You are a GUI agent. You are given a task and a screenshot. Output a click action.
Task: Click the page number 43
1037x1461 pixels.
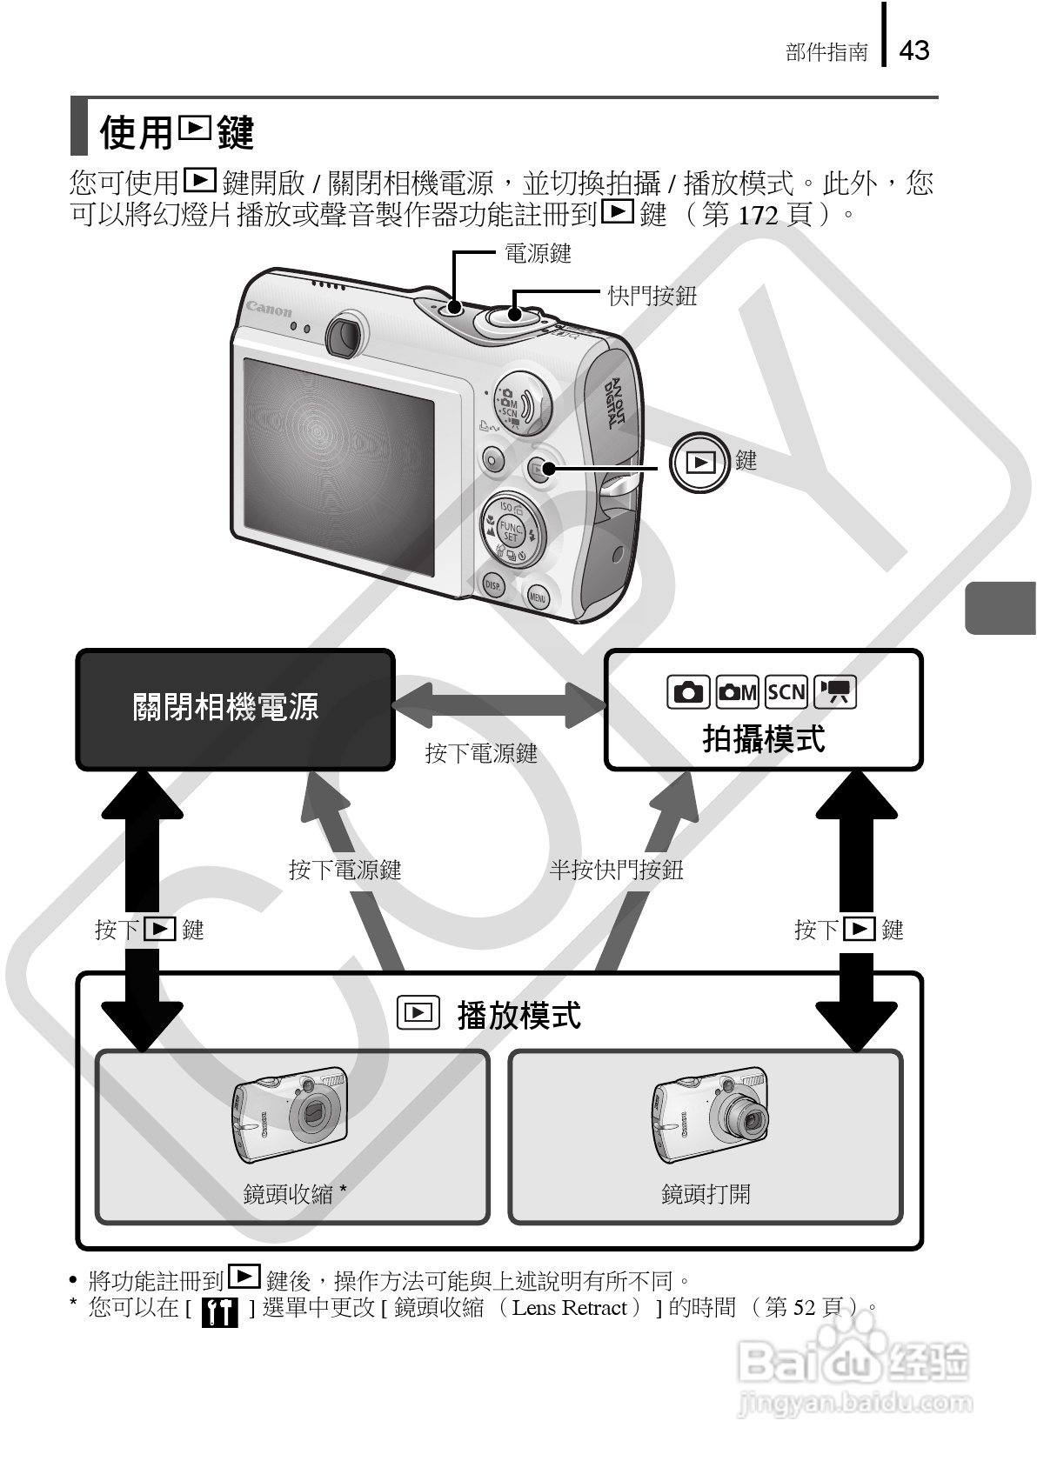[913, 50]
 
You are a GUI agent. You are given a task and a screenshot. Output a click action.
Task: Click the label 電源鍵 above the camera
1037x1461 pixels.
[538, 254]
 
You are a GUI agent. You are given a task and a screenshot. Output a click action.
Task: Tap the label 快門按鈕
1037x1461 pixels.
[652, 297]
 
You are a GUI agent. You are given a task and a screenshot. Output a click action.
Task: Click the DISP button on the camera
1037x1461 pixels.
[493, 585]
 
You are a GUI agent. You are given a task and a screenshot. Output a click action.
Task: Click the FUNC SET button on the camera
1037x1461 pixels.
[511, 531]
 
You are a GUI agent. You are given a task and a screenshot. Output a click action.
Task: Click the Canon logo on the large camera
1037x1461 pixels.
[269, 309]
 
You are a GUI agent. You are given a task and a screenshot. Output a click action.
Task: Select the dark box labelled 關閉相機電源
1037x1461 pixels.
[235, 709]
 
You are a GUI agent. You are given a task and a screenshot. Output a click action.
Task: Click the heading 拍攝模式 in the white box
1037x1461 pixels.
[763, 740]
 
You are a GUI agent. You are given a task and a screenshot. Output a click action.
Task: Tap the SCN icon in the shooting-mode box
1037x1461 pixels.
[786, 692]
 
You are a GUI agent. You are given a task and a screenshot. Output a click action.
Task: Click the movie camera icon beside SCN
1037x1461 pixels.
[836, 692]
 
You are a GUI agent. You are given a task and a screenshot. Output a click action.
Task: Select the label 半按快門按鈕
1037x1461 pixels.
[616, 870]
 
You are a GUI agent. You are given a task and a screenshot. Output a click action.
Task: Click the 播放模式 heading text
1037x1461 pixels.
[518, 1015]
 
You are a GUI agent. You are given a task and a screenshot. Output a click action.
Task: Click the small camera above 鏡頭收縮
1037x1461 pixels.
[291, 1115]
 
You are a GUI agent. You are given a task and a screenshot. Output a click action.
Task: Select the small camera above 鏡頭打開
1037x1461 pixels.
[711, 1115]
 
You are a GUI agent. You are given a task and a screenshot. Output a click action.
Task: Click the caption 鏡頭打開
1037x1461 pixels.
[706, 1194]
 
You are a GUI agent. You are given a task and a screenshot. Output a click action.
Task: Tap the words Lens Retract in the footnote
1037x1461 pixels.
[570, 1308]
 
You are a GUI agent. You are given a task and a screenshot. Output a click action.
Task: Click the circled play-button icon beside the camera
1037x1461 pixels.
[699, 463]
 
